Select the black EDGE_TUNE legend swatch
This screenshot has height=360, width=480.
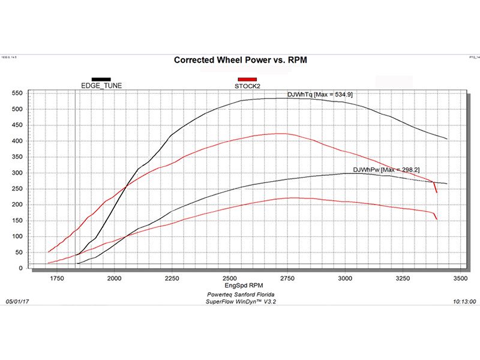pyautogui.click(x=101, y=79)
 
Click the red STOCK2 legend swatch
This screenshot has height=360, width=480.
pyautogui.click(x=247, y=79)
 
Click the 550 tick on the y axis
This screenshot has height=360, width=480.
pyautogui.click(x=17, y=93)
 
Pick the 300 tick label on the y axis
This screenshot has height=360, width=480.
pyautogui.click(x=17, y=173)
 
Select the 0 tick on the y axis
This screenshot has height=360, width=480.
pyautogui.click(x=21, y=268)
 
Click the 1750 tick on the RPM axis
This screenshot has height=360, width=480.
pyautogui.click(x=56, y=279)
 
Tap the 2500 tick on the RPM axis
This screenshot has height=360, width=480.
pyautogui.click(x=229, y=279)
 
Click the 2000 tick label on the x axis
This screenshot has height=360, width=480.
pyautogui.click(x=114, y=279)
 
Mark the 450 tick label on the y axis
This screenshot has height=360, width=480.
pyautogui.click(x=17, y=125)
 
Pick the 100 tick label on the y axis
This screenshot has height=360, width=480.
pyautogui.click(x=17, y=236)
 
